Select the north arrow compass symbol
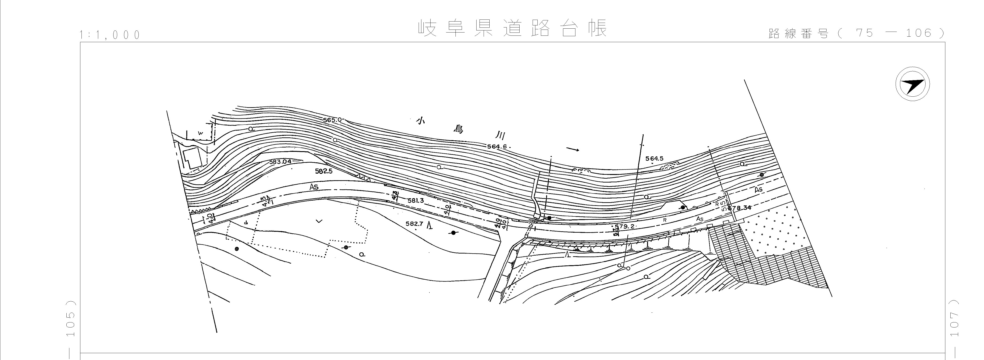pos(913,84)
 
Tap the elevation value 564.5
pos(654,159)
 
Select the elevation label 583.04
pos(280,162)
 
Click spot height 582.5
pos(324,171)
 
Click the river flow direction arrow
pos(573,149)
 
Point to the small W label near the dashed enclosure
pos(200,133)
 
